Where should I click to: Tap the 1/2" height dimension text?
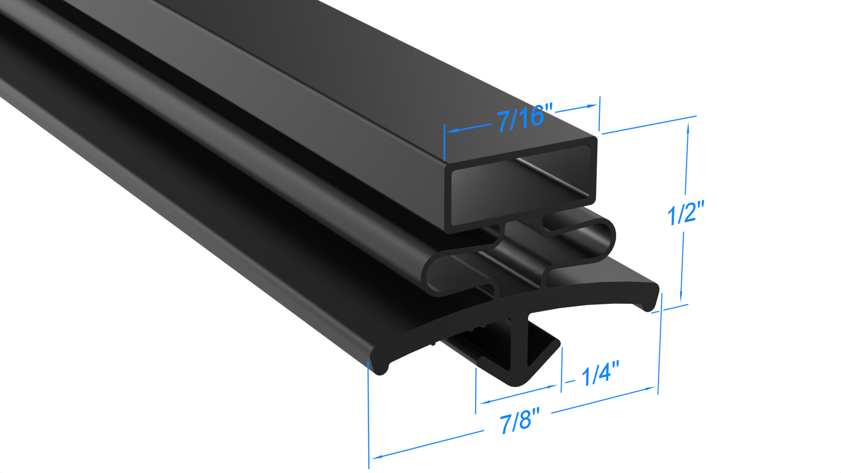tap(685, 213)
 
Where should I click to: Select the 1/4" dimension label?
tap(600, 374)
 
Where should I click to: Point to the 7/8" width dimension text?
tap(519, 421)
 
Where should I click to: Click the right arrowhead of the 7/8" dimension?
tap(651, 388)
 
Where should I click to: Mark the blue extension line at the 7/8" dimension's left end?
tap(369, 416)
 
